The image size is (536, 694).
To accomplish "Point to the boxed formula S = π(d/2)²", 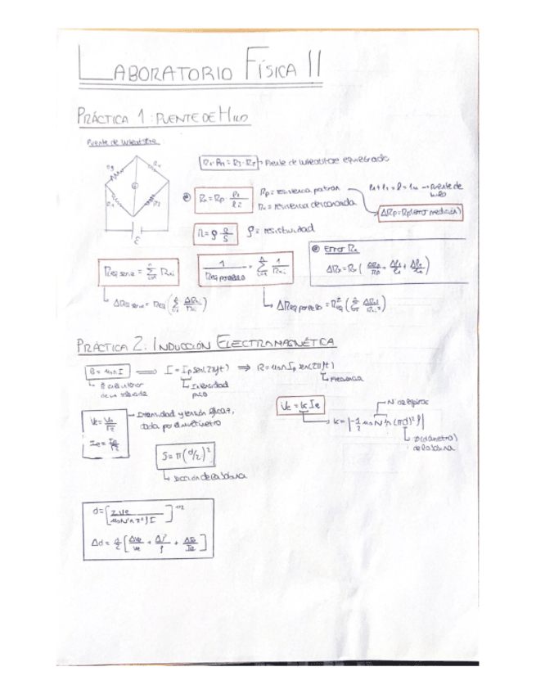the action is click(186, 455).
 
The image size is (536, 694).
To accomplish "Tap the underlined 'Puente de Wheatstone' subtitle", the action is click(123, 142).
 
